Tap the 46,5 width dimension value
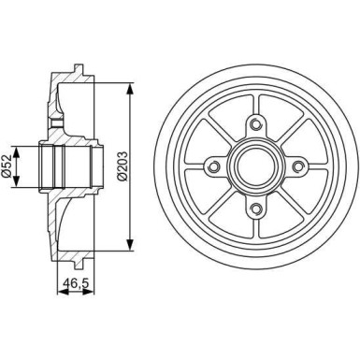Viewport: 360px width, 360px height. [x=70, y=281]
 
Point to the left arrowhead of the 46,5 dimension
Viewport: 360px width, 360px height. [x=60, y=291]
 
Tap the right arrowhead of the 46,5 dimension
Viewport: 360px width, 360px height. [x=87, y=291]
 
